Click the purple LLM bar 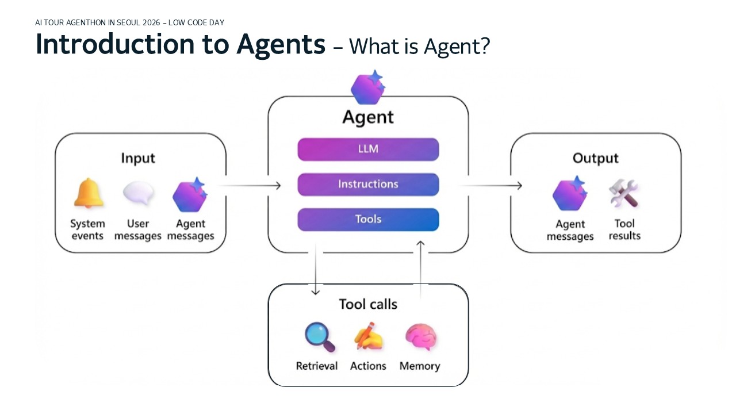368,149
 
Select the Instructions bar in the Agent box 368,185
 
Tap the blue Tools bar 368,220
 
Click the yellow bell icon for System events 89,194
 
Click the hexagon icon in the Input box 190,195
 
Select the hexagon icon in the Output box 570,194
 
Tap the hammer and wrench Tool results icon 624,194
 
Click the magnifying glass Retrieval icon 319,337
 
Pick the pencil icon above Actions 369,337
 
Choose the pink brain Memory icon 420,337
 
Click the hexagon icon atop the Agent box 369,87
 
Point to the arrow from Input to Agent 250,185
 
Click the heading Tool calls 368,304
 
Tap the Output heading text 595,158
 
